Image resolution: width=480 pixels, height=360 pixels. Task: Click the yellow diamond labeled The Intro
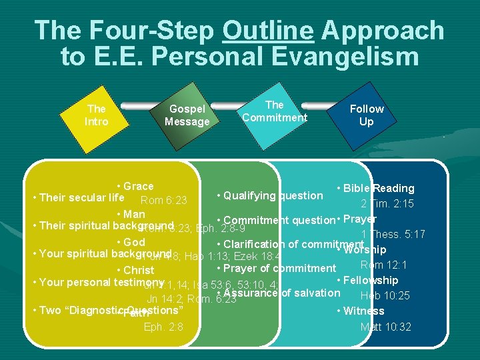[x=97, y=115]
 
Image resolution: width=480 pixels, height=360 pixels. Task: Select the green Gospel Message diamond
[x=187, y=115]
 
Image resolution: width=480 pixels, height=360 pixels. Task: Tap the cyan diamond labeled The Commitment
[x=274, y=111]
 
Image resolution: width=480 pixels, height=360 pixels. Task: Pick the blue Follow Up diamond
[x=367, y=115]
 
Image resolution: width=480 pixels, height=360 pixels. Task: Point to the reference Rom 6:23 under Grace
[x=163, y=201]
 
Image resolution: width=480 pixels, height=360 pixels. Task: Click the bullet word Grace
[x=138, y=186]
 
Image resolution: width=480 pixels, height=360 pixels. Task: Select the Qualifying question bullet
[x=273, y=195]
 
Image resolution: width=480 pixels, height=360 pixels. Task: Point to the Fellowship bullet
[x=370, y=280]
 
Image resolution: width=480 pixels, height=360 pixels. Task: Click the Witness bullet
[x=363, y=311]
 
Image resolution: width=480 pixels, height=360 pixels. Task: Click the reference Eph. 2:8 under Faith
[x=163, y=327]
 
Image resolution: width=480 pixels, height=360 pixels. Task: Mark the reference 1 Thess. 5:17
[x=386, y=234]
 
